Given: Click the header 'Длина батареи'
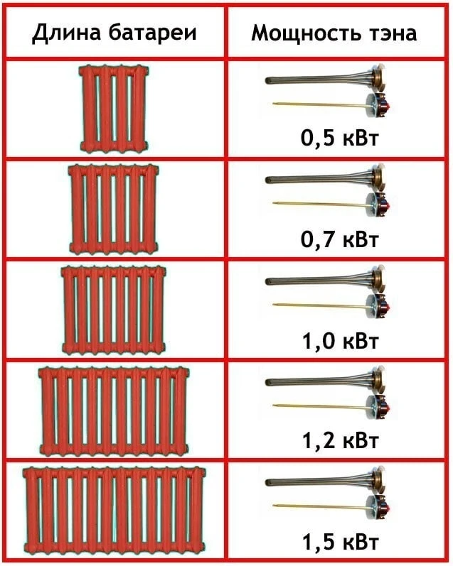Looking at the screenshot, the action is (x=114, y=33).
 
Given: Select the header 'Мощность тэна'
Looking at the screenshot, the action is (x=334, y=33).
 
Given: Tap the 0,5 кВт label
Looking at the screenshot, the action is (x=339, y=138).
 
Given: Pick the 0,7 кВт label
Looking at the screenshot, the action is (x=339, y=239).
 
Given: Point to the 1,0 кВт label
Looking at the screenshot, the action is (x=339, y=341).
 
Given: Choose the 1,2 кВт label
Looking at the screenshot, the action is (x=339, y=441).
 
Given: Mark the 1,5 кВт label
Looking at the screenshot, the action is (x=339, y=542).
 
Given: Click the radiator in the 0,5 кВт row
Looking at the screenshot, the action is (x=114, y=108).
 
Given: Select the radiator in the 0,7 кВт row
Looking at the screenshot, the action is (x=114, y=209).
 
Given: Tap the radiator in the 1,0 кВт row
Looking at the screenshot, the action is (x=114, y=310).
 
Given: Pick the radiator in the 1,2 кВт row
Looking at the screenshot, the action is (x=114, y=411).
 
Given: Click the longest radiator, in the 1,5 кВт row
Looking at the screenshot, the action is (x=114, y=512).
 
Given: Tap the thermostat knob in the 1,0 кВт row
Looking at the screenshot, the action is (x=379, y=305).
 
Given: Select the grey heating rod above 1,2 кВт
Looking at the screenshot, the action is (x=318, y=381).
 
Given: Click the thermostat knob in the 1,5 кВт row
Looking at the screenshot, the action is (x=379, y=506).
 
